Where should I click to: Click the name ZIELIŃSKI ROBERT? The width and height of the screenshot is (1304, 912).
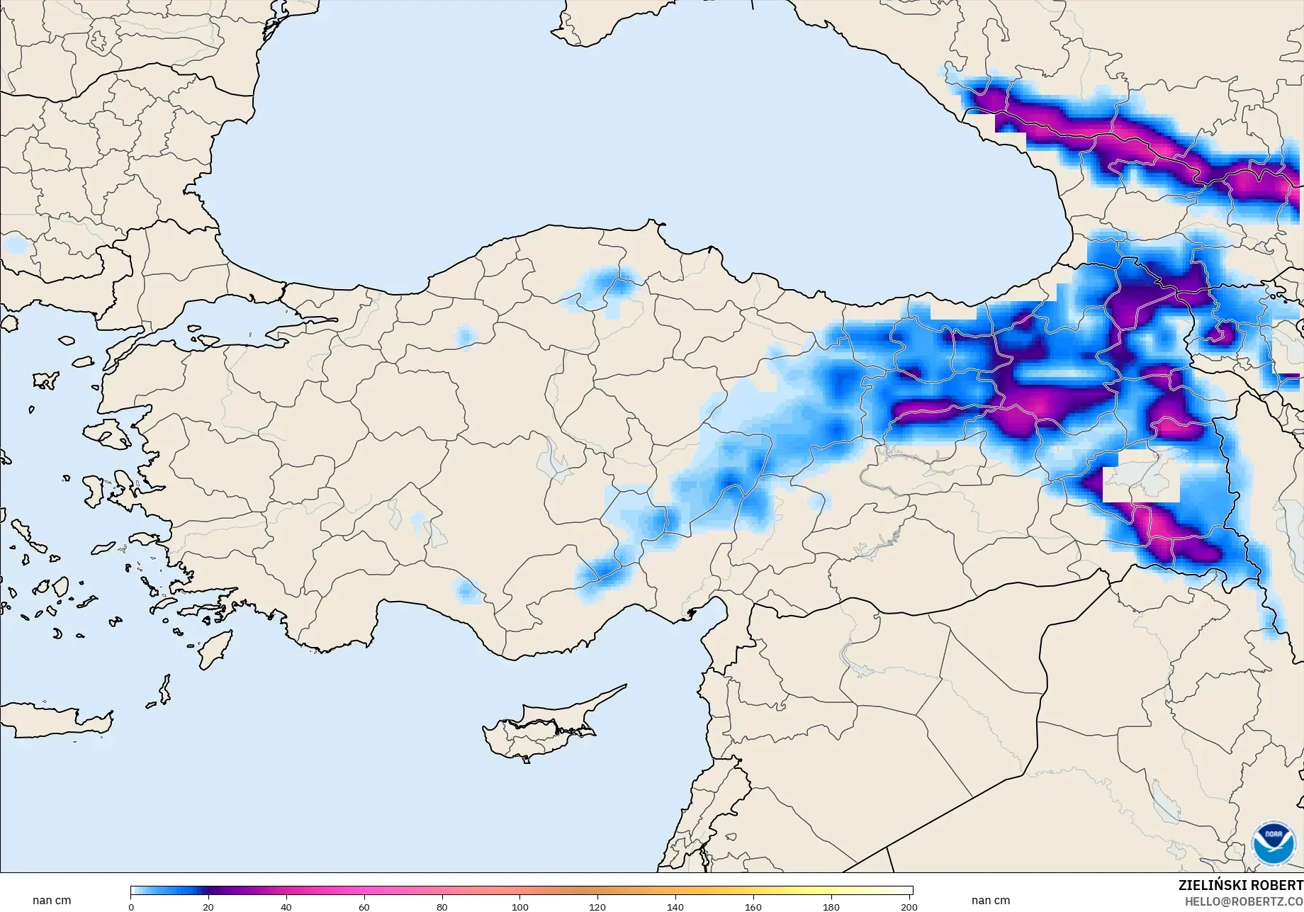tap(1240, 886)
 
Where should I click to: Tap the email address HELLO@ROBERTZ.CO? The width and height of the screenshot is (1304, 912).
tap(1244, 901)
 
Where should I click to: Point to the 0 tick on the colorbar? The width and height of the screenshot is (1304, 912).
tap(131, 906)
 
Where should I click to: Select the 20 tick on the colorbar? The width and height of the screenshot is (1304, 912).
tap(208, 906)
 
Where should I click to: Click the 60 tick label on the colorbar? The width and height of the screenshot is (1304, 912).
tap(364, 906)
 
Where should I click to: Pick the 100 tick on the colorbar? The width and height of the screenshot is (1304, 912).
tap(520, 906)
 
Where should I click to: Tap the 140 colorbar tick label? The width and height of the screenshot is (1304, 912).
tap(675, 906)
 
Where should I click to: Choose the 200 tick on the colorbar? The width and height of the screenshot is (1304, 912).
tap(909, 906)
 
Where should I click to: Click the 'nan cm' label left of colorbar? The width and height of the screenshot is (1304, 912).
tap(52, 901)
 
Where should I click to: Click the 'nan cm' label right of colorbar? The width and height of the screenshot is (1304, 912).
tap(991, 901)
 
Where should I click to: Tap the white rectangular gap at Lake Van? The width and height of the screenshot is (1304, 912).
tap(1141, 482)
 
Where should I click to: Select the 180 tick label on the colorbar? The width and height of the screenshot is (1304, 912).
tap(831, 906)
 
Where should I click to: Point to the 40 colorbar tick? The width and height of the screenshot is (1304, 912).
tap(286, 906)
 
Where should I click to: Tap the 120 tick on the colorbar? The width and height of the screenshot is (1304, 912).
tap(597, 906)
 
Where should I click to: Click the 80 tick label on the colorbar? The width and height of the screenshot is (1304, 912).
tap(442, 906)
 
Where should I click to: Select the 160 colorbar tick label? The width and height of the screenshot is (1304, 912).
tap(753, 906)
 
